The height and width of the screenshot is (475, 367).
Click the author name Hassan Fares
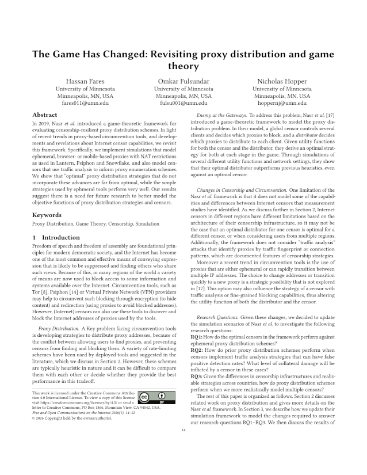pos(85,81)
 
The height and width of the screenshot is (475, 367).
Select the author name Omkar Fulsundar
pos(183,81)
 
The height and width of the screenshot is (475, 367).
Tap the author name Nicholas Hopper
pos(282,81)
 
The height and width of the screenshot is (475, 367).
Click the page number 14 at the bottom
pos(183,447)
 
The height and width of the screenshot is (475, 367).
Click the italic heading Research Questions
pos(219,317)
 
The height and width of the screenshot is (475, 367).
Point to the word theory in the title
pos(183,67)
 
